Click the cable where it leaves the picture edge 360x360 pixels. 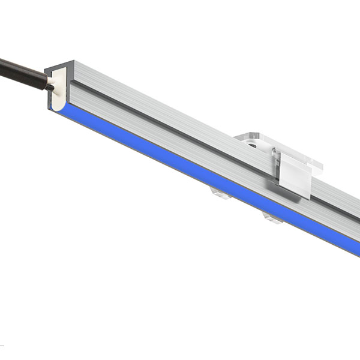click(2, 62)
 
